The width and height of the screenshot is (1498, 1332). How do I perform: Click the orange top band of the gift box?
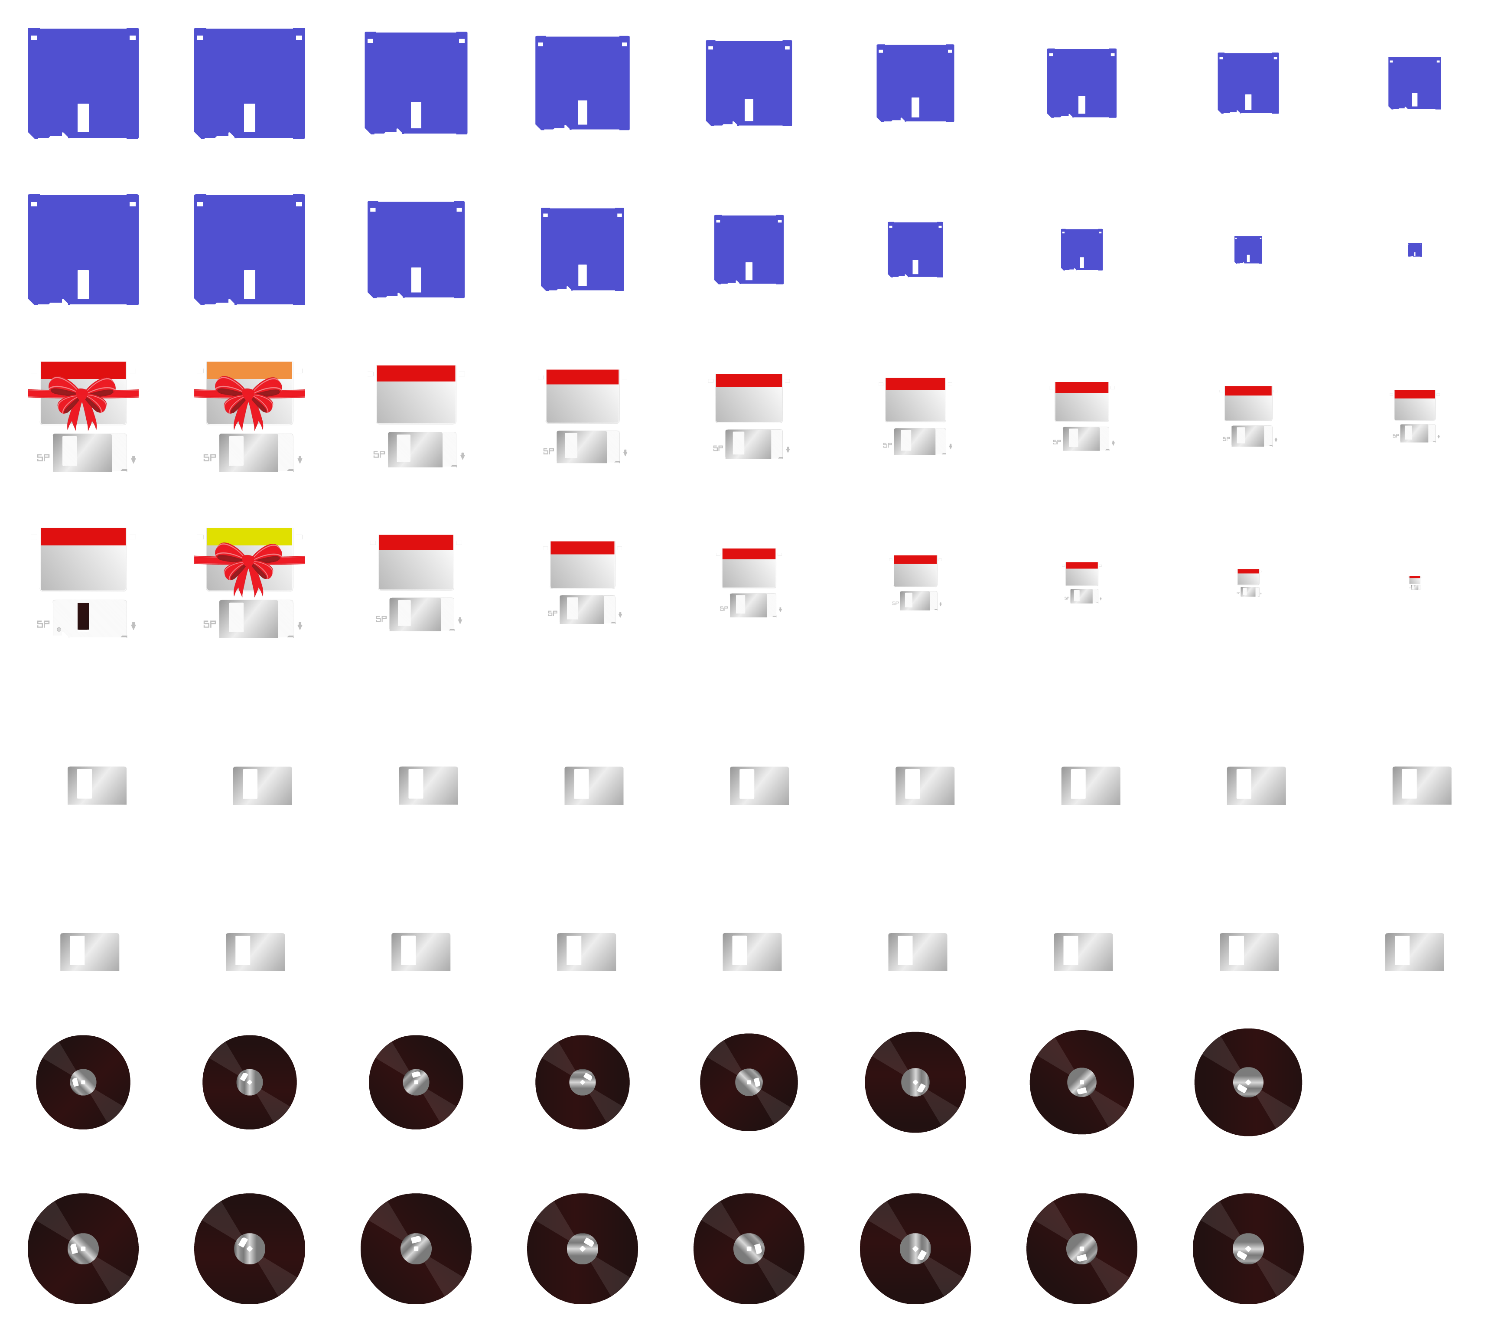tap(249, 370)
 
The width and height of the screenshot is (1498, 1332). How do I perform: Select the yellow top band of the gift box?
tap(249, 536)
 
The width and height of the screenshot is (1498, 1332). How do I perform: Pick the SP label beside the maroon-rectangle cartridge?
tap(43, 624)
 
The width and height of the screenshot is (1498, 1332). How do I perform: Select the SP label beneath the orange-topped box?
tap(210, 457)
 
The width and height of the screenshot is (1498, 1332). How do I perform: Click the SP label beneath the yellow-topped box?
tap(210, 624)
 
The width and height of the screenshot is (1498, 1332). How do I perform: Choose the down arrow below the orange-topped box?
tap(300, 460)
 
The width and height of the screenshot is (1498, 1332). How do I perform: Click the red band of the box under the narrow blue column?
tap(1414, 395)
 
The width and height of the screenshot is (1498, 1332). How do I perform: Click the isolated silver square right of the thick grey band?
tap(1414, 952)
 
